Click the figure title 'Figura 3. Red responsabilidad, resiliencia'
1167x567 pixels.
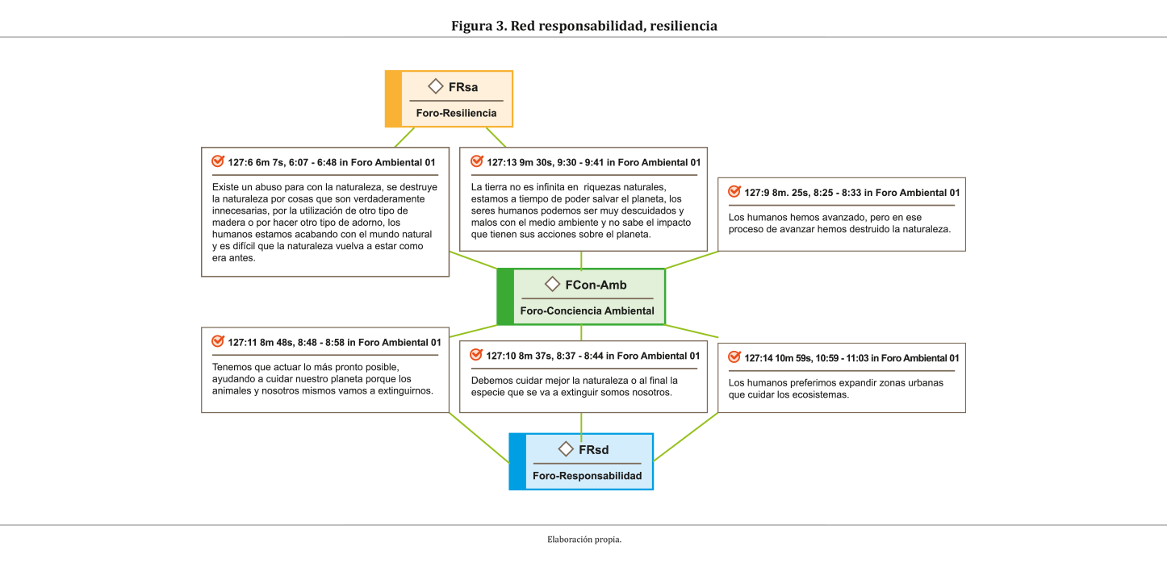point(583,26)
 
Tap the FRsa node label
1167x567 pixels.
point(463,87)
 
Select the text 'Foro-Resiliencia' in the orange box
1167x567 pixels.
point(456,113)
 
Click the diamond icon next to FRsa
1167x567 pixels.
point(436,86)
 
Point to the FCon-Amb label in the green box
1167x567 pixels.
point(596,285)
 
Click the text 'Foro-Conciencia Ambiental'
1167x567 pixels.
point(587,311)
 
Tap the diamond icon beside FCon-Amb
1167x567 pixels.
point(553,284)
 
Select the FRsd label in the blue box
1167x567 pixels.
point(593,449)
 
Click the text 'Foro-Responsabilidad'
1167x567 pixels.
point(587,476)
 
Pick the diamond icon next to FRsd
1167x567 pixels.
point(566,449)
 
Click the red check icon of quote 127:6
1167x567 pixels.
point(217,161)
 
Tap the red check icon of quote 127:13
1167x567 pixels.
point(476,161)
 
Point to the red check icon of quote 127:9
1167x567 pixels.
point(734,192)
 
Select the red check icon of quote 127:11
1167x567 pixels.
point(217,341)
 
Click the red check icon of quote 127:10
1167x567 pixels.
point(476,355)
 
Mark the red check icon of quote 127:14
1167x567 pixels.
point(734,357)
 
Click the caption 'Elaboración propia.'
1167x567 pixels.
point(583,540)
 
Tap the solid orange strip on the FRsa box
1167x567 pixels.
point(393,99)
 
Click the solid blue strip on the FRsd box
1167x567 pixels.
point(517,461)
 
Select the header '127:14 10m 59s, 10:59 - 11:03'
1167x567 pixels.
point(851,358)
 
